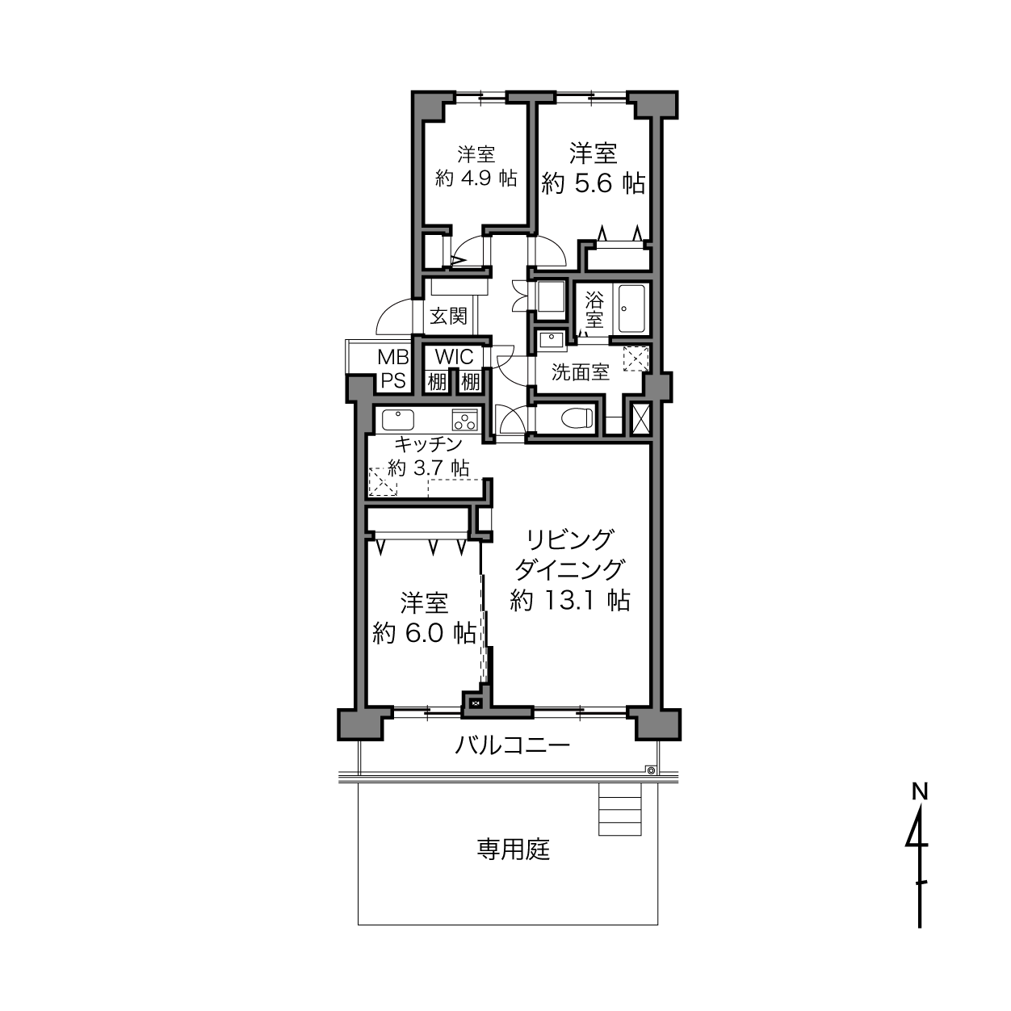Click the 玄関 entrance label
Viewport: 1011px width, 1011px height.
(x=448, y=317)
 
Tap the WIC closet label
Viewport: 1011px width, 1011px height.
(x=454, y=357)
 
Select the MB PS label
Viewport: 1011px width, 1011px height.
(x=393, y=369)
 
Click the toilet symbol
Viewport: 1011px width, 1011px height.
(x=577, y=418)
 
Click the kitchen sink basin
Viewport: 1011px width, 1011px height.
(x=397, y=420)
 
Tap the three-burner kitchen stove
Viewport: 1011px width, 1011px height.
(x=465, y=420)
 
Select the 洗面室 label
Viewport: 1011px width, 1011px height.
(x=580, y=372)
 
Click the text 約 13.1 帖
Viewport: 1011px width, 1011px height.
(x=570, y=600)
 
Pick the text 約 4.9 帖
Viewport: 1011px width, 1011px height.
(x=476, y=178)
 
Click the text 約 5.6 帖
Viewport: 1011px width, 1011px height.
(x=593, y=183)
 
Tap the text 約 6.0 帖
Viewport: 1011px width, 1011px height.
(x=424, y=633)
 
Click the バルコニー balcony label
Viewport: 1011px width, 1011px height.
(x=512, y=745)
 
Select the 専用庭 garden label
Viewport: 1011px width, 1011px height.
(x=513, y=849)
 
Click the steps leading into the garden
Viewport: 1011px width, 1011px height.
(x=620, y=810)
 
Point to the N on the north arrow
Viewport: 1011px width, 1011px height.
(x=919, y=791)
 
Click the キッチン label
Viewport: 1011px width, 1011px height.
(x=428, y=444)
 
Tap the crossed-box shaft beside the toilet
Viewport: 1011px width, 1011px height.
(x=640, y=418)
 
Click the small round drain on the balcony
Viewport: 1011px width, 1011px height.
(x=651, y=770)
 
